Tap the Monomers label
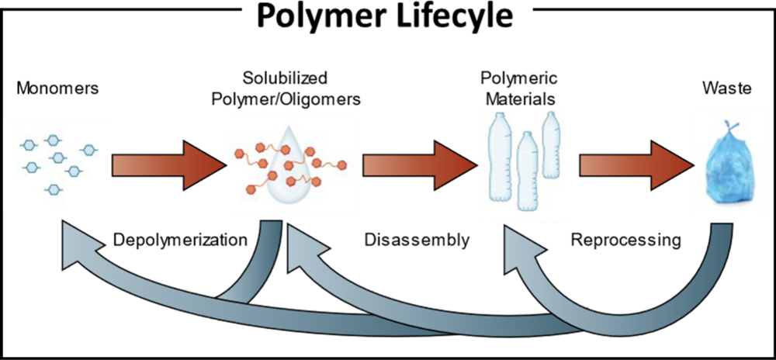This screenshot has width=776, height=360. [57, 88]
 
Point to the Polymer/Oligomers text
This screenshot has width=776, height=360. [286, 99]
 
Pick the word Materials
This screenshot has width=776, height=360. [520, 99]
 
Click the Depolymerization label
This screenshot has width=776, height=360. [181, 241]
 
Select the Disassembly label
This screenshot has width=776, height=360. [417, 241]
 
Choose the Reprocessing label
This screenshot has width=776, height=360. [625, 241]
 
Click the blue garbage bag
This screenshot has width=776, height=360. [727, 168]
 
